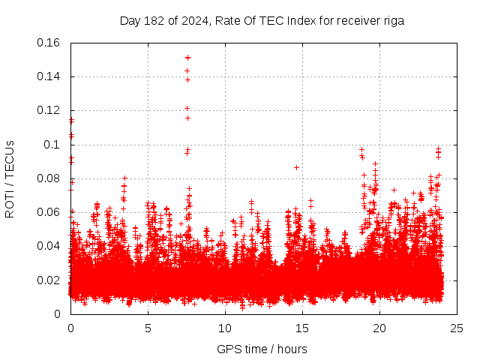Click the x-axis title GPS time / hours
tap(262, 349)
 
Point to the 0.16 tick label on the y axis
tap(51, 43)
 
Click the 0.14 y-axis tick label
tap(51, 76)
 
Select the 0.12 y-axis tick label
tap(51, 110)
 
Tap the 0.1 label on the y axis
tap(54, 144)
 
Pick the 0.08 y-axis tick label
tap(51, 178)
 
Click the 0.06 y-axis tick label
tap(51, 212)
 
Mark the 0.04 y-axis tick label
tap(51, 246)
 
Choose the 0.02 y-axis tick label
tap(51, 280)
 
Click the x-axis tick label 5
tap(148, 328)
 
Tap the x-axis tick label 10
tap(225, 328)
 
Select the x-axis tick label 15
tap(302, 328)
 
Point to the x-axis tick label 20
tap(379, 328)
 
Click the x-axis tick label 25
tap(457, 328)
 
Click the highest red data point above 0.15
tap(187, 57)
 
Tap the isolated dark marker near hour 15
tap(297, 167)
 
